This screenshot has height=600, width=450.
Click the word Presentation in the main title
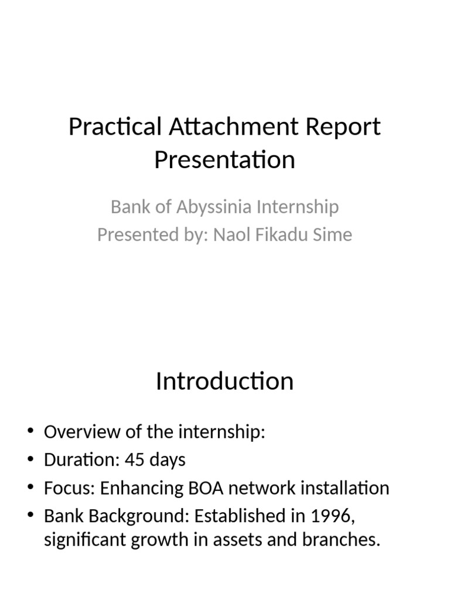point(225,160)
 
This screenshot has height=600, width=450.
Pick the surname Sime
point(332,235)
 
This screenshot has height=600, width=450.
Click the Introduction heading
point(225,381)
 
